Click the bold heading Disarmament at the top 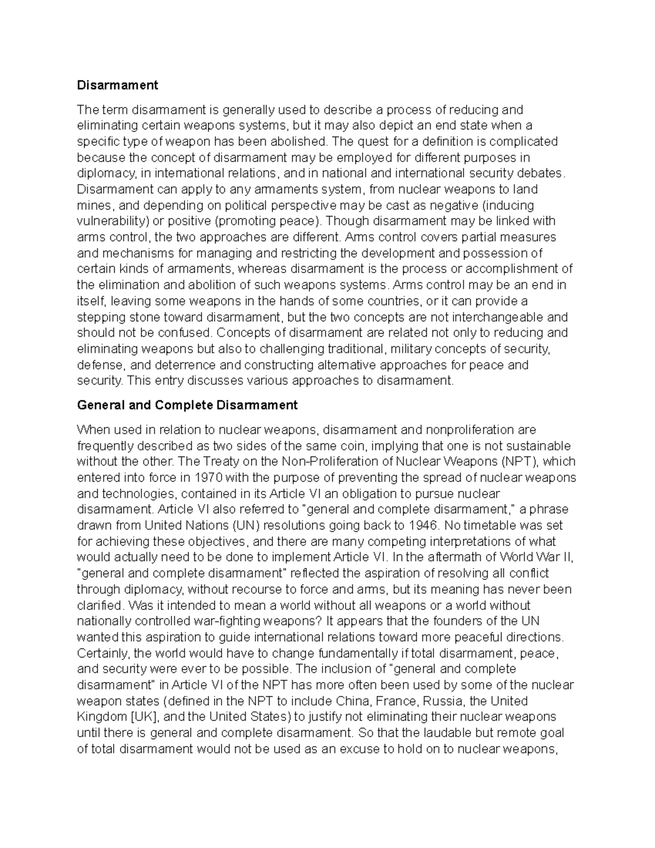[x=117, y=85]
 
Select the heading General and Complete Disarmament [x=187, y=405]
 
